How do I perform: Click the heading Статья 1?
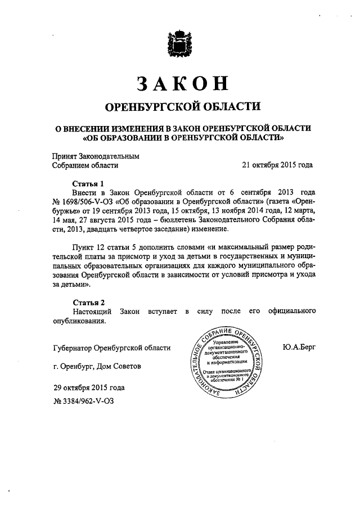88,183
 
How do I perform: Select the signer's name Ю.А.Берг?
299,348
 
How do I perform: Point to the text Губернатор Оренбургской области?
110,348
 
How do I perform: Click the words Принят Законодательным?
94,156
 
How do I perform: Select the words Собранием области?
85,165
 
